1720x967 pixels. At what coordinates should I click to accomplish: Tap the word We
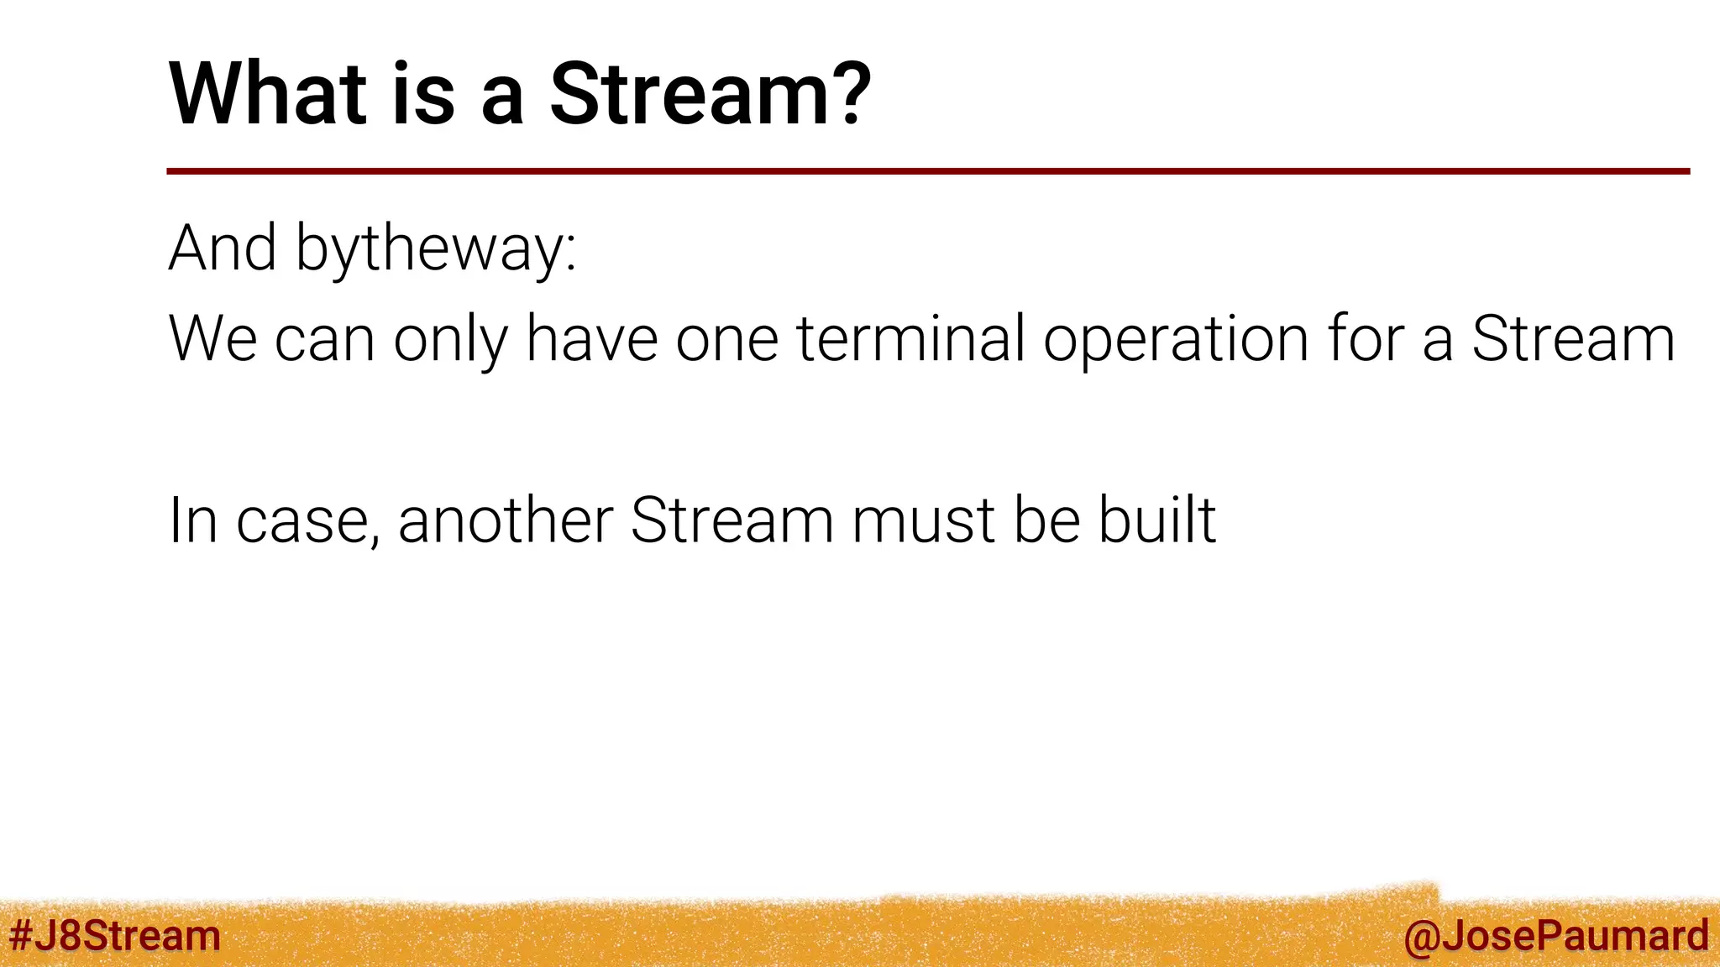[212, 338]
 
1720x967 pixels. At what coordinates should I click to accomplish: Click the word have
[591, 338]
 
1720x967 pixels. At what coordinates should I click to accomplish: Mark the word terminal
[910, 338]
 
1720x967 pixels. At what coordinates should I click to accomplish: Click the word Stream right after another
[732, 520]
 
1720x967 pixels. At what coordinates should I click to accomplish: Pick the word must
[923, 521]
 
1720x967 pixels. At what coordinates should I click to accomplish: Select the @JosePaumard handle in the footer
[1555, 935]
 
